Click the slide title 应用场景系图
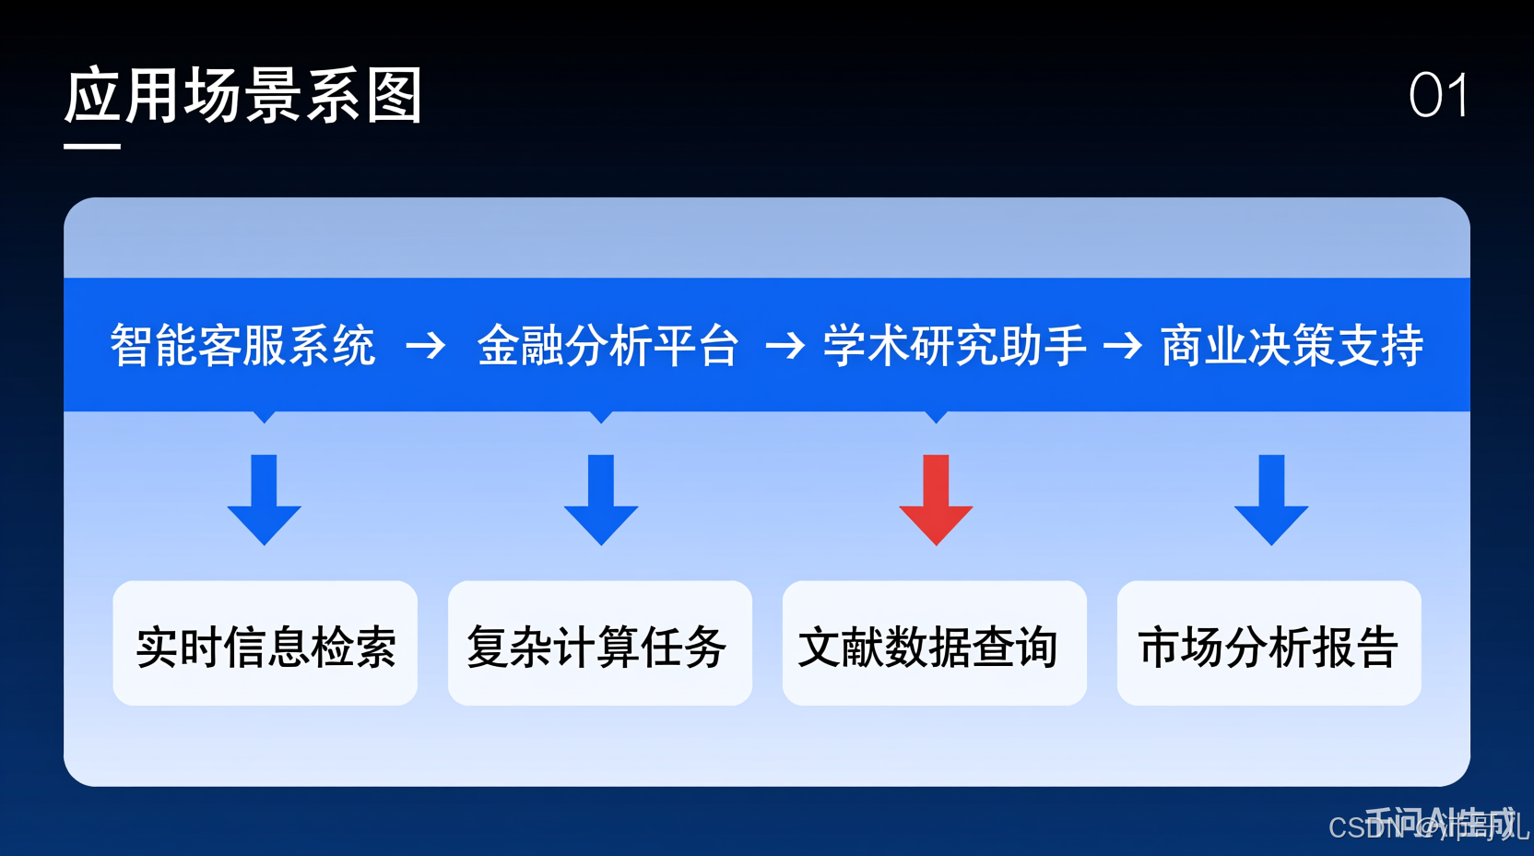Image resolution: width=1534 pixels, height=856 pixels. coord(243,96)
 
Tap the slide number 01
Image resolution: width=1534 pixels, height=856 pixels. coord(1438,96)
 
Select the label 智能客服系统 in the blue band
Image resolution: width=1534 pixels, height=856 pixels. coord(242,346)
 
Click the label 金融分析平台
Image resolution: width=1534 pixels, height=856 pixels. coord(608,346)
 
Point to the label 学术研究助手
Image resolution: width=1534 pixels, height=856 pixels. coord(954,346)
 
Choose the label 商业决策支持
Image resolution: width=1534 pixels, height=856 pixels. coord(1292,346)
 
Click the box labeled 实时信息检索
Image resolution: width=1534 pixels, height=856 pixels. coord(265,644)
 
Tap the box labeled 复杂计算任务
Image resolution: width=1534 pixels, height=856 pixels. coord(600,644)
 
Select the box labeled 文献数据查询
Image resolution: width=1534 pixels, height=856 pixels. coord(935,644)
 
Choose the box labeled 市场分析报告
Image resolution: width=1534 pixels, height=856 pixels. coord(1269,644)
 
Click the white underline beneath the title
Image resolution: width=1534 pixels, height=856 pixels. coord(92,146)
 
